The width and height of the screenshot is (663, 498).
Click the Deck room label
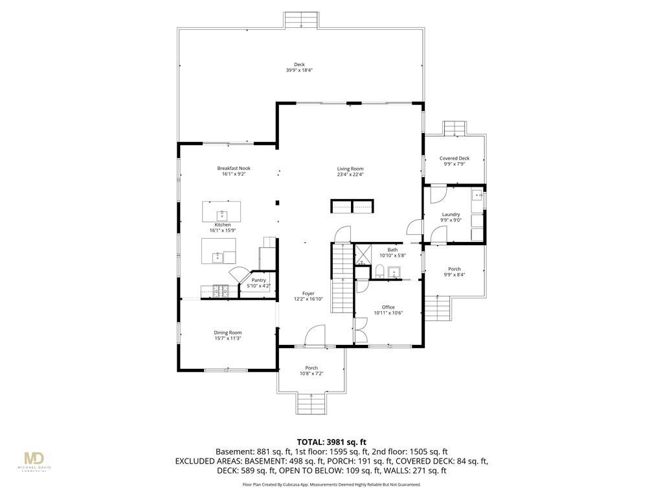[x=299, y=65]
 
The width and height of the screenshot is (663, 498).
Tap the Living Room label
[x=350, y=169]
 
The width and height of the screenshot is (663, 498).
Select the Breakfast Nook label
[x=234, y=168]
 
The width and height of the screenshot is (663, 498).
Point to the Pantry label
[x=259, y=280]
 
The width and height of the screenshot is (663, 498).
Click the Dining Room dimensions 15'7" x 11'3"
[x=227, y=338]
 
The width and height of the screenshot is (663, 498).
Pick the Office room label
[x=388, y=307]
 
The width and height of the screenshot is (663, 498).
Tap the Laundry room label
[x=451, y=215]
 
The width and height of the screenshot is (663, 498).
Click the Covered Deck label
[x=455, y=158]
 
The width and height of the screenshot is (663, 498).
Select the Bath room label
[x=392, y=250]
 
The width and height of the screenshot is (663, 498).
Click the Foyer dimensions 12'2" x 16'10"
[x=308, y=299]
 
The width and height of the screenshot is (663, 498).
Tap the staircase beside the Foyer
[x=342, y=278]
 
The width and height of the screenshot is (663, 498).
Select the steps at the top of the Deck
[x=300, y=20]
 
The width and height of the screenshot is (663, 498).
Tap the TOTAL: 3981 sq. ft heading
[x=331, y=443]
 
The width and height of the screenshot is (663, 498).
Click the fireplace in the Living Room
[x=352, y=206]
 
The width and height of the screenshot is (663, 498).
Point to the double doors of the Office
[x=360, y=330]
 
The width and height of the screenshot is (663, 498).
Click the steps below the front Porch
[x=311, y=403]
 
